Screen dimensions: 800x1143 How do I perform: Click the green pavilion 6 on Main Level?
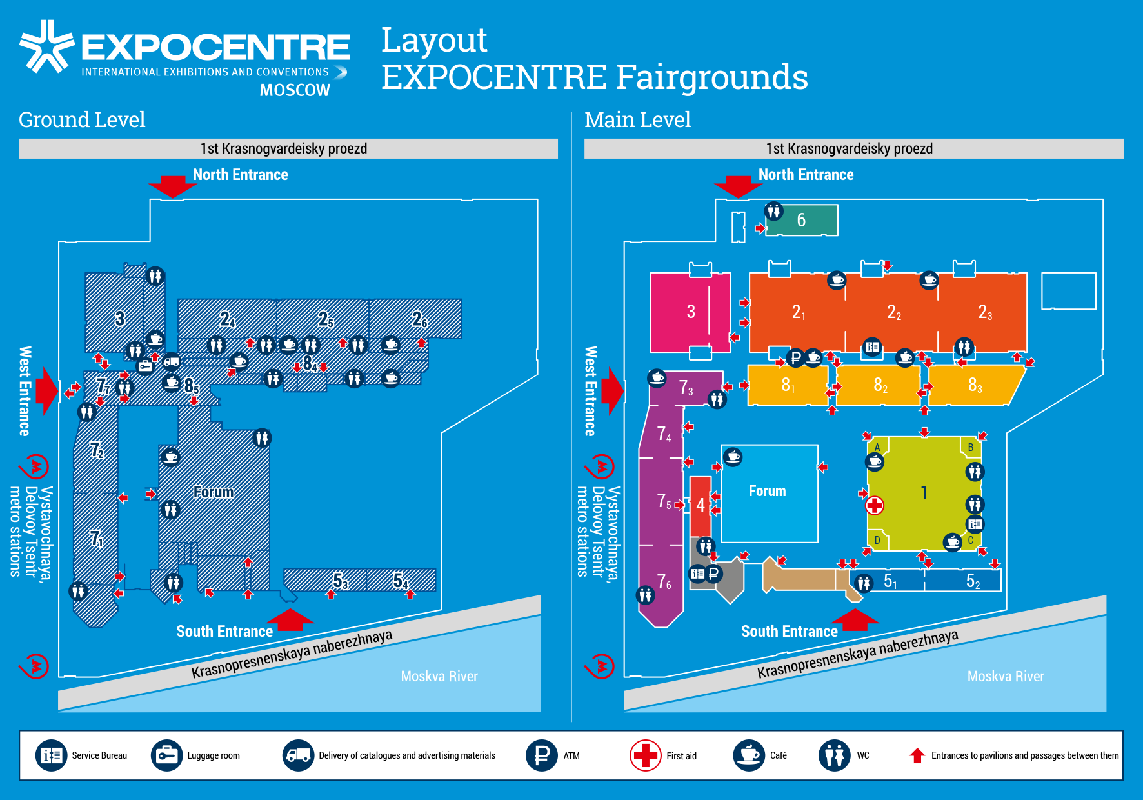(801, 220)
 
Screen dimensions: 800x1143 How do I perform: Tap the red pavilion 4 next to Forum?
(701, 505)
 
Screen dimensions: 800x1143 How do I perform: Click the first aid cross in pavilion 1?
(875, 506)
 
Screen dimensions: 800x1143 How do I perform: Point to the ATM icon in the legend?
(541, 755)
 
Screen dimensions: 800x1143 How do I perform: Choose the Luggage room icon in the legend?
(167, 755)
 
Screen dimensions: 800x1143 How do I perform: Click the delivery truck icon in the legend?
(298, 755)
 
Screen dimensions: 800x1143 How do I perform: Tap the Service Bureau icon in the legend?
(52, 755)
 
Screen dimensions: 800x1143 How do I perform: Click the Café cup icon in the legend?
(749, 755)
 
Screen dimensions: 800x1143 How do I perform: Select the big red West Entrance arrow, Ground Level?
(46, 390)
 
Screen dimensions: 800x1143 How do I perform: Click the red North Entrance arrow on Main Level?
(738, 186)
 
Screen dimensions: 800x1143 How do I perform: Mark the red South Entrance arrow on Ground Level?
(290, 620)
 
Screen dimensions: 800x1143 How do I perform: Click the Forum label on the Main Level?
(767, 492)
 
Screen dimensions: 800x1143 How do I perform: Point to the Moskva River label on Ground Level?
(439, 676)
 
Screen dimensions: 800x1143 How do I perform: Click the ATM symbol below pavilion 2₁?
(796, 357)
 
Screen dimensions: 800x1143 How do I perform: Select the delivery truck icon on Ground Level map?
(171, 361)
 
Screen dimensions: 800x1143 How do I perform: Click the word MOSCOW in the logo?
(295, 90)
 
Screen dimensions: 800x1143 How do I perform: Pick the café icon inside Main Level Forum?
(733, 457)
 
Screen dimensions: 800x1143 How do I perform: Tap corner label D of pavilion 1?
(877, 540)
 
